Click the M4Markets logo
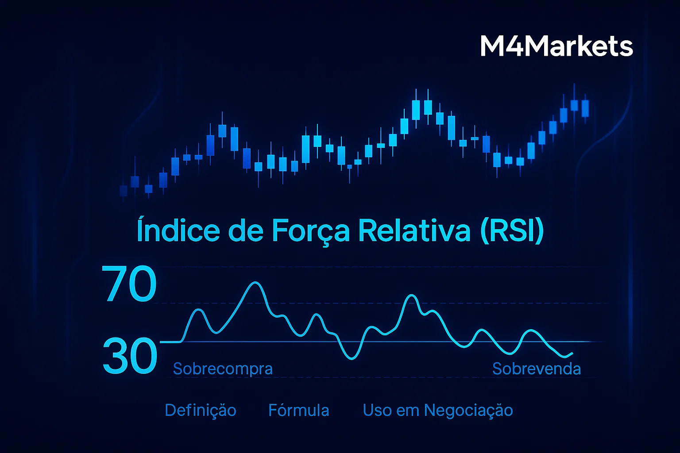556,46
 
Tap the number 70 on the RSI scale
129,284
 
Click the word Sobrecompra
223,369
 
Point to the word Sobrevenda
537,369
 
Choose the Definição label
201,410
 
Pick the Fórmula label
299,410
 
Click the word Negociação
468,410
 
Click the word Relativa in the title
414,230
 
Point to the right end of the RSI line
572,353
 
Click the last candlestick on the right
585,108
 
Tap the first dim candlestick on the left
124,191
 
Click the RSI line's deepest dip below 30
352,358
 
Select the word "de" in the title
245,230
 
